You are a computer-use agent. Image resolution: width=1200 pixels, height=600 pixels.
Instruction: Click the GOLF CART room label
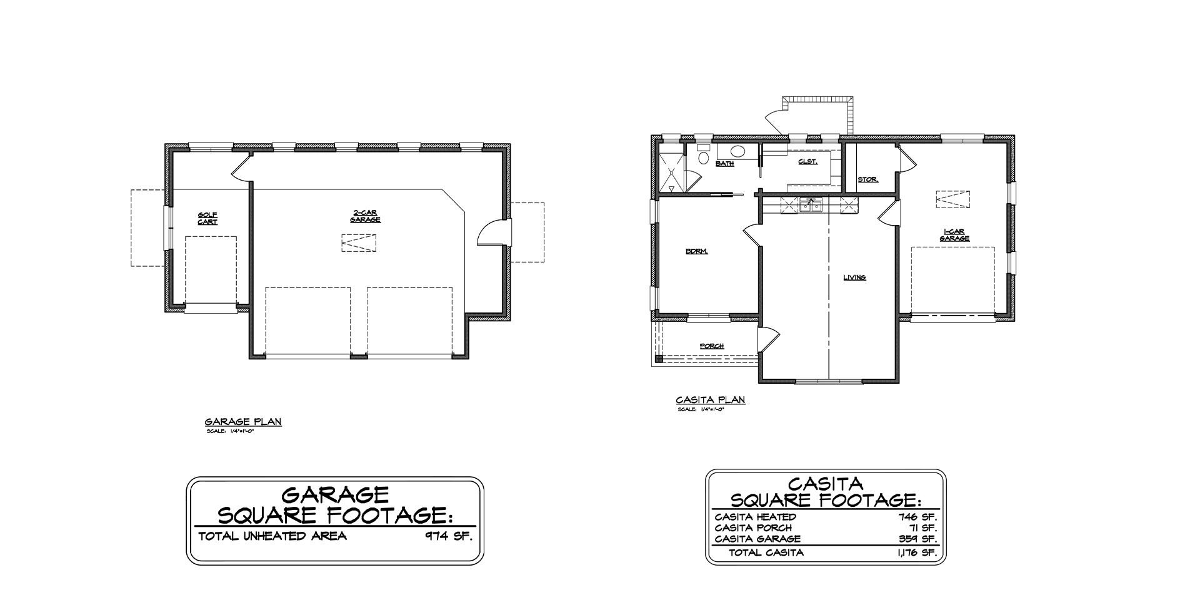pos(207,219)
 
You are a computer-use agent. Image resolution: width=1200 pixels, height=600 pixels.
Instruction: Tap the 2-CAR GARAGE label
pos(365,216)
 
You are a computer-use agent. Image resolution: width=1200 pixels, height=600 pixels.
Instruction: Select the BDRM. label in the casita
pos(696,252)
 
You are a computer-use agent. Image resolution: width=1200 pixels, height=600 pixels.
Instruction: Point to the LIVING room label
pos(854,277)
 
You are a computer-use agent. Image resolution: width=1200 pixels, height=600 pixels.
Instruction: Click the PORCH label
pos(712,346)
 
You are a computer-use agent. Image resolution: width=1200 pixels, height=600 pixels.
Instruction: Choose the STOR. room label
pos(867,180)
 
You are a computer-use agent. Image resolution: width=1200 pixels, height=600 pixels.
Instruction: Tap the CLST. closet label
pos(807,162)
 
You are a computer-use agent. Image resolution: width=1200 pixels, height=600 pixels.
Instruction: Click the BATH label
pos(725,164)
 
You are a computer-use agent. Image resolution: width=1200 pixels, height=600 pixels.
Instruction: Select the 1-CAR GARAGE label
pos(954,236)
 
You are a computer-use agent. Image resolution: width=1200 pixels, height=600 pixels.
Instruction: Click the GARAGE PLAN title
pos(243,422)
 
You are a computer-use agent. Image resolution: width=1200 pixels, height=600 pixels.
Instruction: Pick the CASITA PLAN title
pos(711,400)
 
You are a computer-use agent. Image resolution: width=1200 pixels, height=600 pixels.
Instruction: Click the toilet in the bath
pos(703,155)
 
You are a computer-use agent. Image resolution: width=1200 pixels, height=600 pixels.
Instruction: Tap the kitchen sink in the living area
pos(811,204)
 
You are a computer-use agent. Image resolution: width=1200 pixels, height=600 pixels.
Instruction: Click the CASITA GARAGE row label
pos(757,539)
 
